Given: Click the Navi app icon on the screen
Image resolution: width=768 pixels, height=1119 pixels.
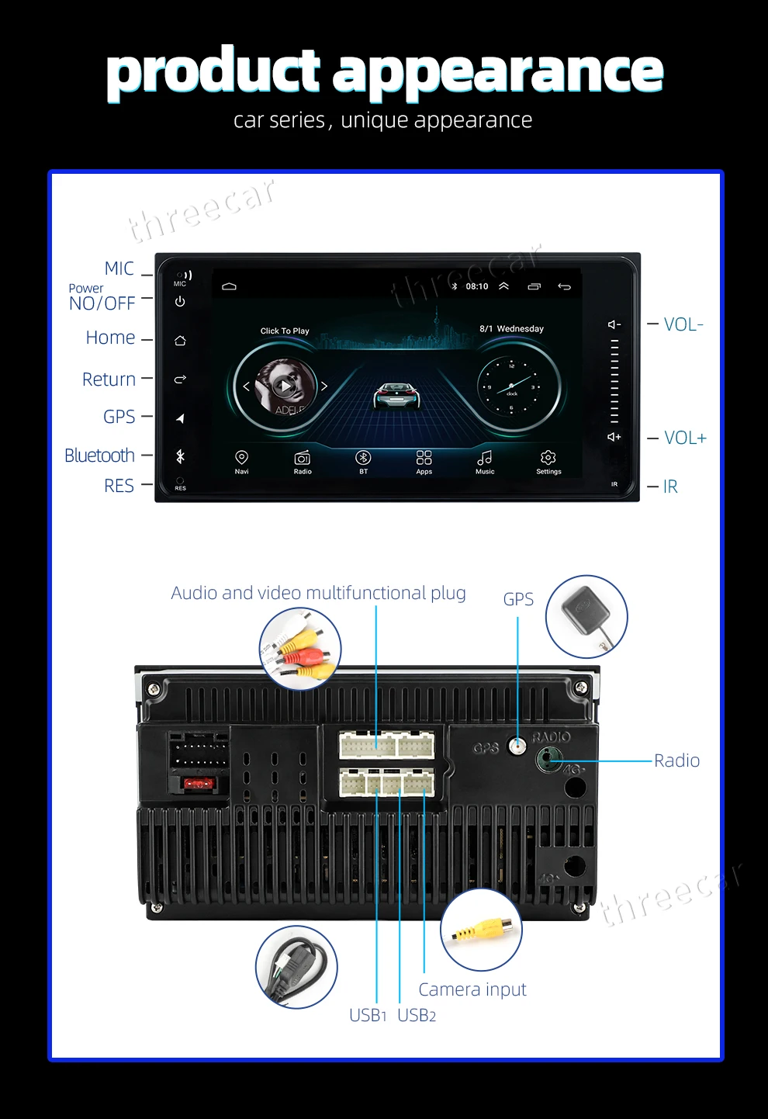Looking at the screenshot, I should point(241,458).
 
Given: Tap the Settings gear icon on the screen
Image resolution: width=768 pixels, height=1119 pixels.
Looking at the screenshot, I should point(548,458).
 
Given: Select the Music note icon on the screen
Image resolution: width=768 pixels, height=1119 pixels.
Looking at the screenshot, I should point(485,458).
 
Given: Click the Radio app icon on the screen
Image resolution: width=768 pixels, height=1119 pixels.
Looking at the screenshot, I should point(303,458).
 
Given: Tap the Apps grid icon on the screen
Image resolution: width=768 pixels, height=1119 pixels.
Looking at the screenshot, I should point(424,458).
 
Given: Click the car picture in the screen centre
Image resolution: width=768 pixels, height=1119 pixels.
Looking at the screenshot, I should point(396,395).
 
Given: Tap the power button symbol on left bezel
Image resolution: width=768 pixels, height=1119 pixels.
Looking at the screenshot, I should point(180,302).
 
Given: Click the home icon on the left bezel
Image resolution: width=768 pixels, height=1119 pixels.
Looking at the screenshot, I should point(180,341).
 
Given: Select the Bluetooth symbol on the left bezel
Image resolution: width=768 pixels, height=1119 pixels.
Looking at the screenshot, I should point(180,456).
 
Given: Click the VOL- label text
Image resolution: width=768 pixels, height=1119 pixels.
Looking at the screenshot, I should point(683,324).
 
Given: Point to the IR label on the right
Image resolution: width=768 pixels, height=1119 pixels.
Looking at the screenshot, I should point(670,487).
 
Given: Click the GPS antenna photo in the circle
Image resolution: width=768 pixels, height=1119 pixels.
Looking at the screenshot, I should point(586,616).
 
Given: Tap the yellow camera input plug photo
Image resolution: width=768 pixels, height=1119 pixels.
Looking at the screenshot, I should point(482,929).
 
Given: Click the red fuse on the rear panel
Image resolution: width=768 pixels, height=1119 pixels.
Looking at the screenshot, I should point(199,784).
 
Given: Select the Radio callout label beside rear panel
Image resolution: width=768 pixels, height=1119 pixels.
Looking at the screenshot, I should point(676,760).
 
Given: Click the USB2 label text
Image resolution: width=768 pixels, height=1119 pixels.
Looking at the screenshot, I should point(417,1015).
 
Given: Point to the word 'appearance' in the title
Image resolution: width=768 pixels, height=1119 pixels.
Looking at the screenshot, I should point(498,71).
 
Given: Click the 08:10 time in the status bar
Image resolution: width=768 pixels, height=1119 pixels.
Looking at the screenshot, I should point(477,286).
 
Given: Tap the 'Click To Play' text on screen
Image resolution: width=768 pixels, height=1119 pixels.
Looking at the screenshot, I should point(285,331).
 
